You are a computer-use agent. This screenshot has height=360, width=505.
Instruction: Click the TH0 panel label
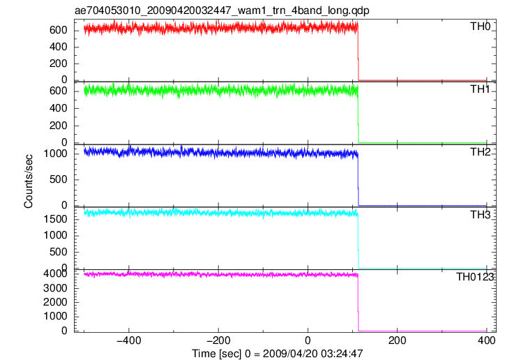tap(480, 27)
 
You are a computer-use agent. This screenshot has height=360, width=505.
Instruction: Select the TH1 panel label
tap(480, 89)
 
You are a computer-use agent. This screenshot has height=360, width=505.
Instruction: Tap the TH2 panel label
tap(480, 152)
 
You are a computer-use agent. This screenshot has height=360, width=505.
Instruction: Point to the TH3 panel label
tap(480, 215)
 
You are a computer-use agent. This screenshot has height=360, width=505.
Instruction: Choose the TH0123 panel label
tap(475, 277)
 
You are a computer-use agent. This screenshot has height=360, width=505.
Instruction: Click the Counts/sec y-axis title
tap(29, 181)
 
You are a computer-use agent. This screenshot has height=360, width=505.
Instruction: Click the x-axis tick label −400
tap(129, 340)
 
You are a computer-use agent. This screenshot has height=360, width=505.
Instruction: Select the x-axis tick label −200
tap(218, 340)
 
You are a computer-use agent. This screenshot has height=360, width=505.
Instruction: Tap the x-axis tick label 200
tap(397, 340)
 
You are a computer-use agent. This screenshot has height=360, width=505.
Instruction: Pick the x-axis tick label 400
tap(486, 340)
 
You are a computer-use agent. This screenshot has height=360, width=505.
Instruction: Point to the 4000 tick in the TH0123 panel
tap(55, 274)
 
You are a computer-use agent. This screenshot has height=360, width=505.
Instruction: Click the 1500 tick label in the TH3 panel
tap(55, 219)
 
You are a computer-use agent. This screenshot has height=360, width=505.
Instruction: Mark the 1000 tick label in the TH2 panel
tap(55, 154)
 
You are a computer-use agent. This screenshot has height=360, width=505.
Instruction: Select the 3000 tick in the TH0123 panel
tap(55, 288)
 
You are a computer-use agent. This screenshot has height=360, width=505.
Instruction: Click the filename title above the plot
tap(222, 10)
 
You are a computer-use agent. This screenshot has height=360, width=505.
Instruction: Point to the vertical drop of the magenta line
tap(358, 303)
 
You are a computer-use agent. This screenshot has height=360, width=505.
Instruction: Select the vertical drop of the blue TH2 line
tap(358, 180)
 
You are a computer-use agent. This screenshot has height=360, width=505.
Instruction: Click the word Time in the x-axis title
tap(204, 354)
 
